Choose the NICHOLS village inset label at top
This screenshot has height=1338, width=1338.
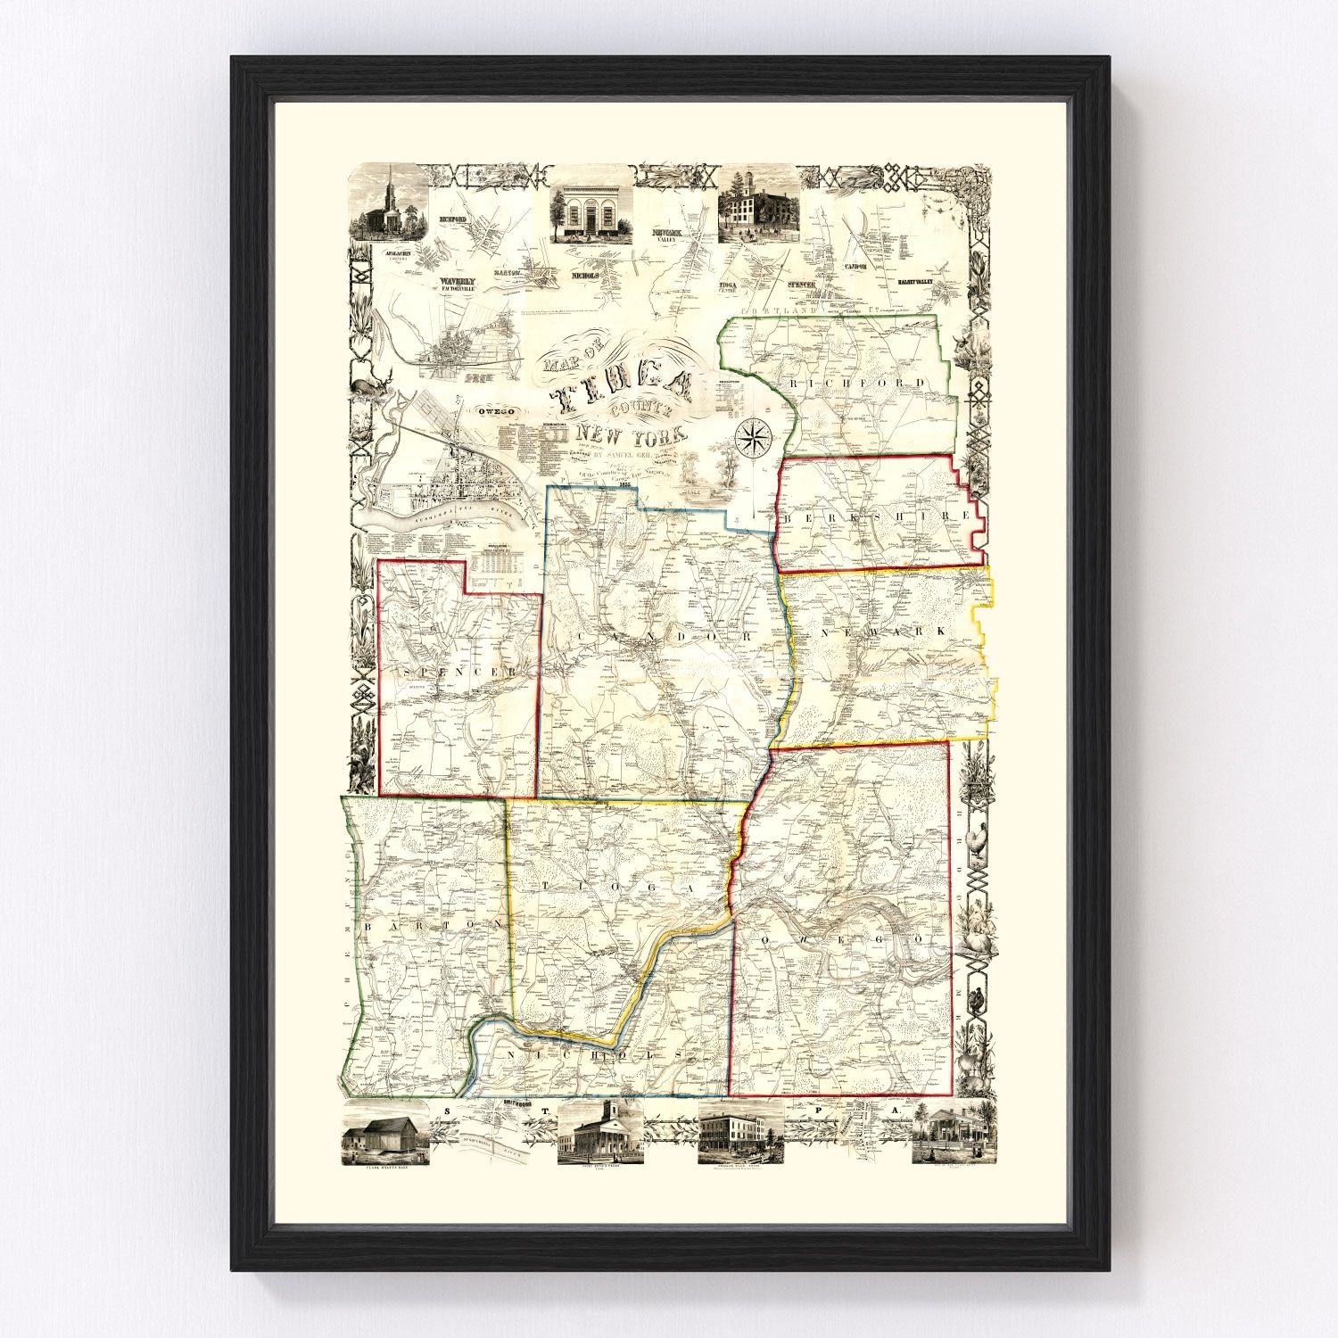tap(584, 276)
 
